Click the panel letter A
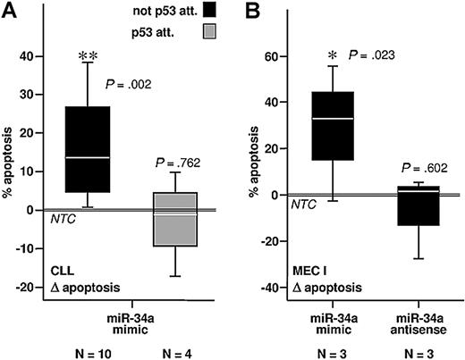10,12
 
